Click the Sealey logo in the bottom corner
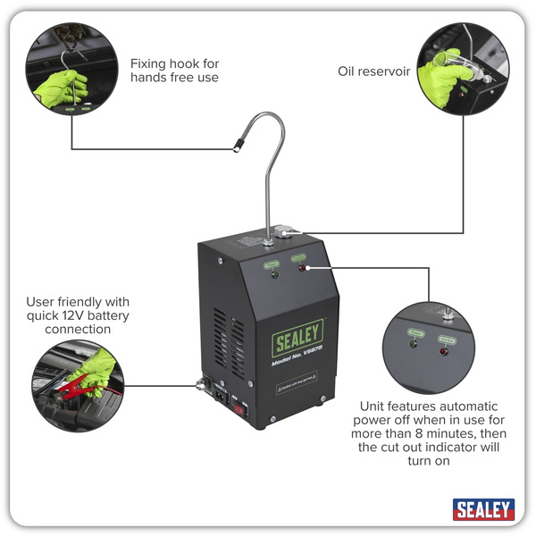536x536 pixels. [483, 510]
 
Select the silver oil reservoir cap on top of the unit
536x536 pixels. [284, 232]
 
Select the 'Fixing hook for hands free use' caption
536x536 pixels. [174, 71]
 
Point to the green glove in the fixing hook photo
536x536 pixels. [63, 87]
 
